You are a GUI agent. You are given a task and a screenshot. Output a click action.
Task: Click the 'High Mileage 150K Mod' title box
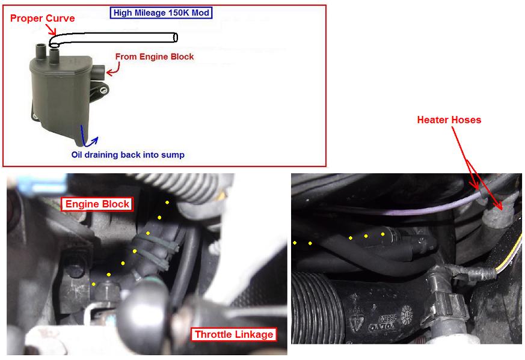pos(161,13)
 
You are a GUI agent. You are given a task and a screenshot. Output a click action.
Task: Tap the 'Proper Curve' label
pos(43,18)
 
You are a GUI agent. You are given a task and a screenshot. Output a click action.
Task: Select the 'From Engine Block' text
pos(155,56)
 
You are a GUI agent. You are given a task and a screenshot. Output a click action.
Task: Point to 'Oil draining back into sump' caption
pos(128,154)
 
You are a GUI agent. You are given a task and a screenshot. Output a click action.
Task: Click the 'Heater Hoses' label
pos(449,120)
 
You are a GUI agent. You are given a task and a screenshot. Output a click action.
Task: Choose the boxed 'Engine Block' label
pos(97,204)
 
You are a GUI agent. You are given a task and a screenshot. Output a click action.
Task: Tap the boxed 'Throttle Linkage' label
pos(234,334)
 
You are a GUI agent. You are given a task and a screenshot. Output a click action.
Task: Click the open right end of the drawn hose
pos(175,37)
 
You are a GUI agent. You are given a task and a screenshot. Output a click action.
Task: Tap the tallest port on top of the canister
pos(40,52)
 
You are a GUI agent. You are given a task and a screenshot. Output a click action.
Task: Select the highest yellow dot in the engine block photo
pos(167,203)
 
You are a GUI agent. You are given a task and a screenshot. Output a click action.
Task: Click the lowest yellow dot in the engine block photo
pos(94,284)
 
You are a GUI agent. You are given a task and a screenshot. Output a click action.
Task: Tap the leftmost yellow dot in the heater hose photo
pos(295,243)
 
